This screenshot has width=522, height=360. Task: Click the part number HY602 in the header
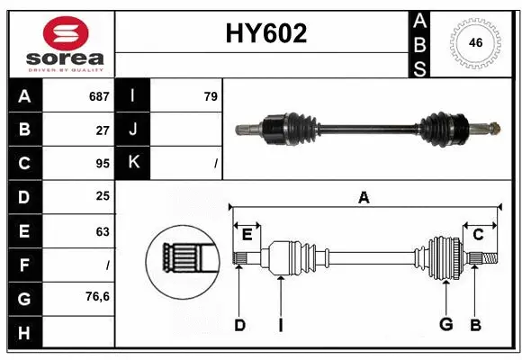[265, 33]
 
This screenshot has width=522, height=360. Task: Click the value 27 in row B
[103, 130]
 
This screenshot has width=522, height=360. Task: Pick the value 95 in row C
[102, 164]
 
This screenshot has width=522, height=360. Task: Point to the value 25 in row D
[102, 196]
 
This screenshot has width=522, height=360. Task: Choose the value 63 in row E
[102, 230]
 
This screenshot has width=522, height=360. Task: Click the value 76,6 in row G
[98, 296]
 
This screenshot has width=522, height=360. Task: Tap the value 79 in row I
[211, 95]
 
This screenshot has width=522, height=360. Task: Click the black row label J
[132, 130]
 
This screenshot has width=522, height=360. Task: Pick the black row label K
[132, 164]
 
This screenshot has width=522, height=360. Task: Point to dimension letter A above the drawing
[364, 197]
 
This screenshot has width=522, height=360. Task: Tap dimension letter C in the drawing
[479, 236]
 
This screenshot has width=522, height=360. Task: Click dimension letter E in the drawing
[247, 236]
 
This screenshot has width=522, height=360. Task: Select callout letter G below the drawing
[445, 325]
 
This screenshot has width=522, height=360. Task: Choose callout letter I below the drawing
[281, 325]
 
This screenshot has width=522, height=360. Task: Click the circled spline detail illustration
[184, 259]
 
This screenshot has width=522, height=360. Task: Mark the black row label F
[23, 265]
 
